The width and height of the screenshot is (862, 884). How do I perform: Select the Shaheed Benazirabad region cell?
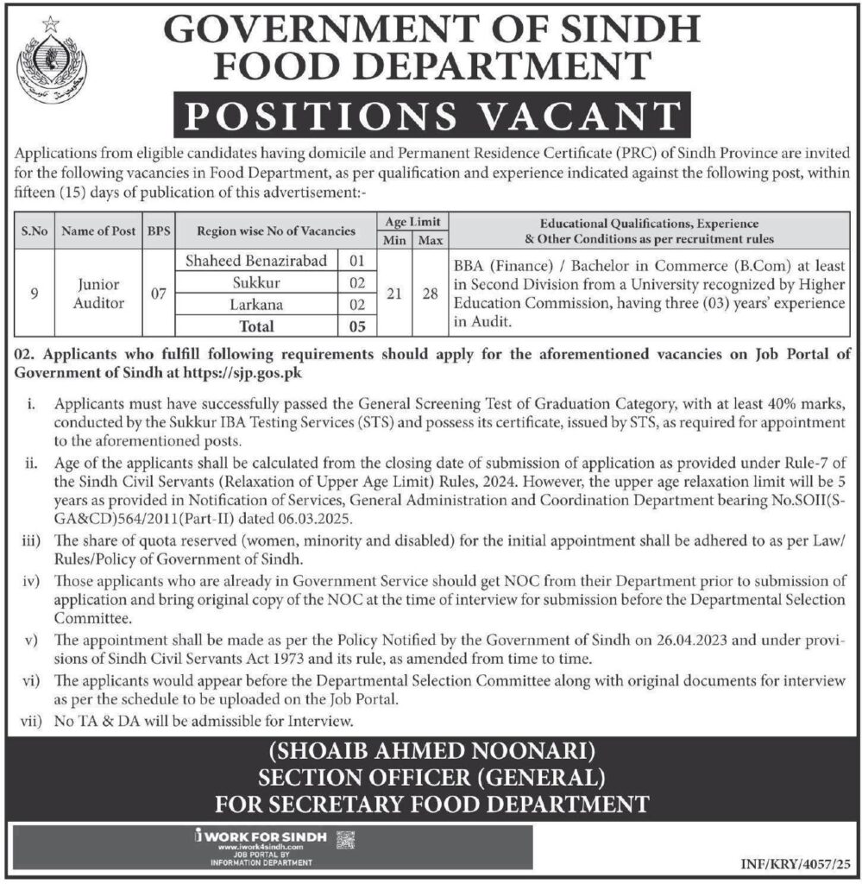[x=243, y=261]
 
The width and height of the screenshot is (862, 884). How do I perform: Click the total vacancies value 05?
[x=358, y=326]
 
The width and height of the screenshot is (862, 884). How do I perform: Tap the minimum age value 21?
[x=393, y=294]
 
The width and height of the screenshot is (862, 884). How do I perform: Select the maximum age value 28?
[x=426, y=294]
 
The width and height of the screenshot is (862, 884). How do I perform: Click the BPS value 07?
[x=158, y=294]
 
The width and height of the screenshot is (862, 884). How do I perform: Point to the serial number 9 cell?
[x=34, y=294]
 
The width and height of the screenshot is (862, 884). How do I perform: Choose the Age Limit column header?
[x=410, y=222]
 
